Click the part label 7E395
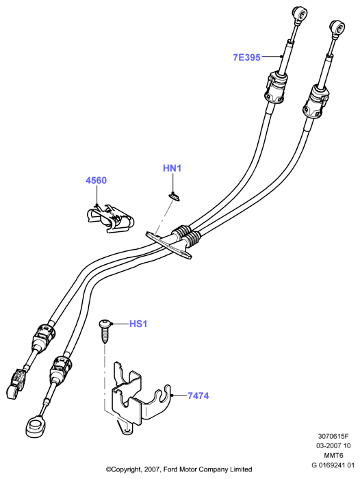(246, 57)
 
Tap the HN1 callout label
(172, 168)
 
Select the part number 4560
(97, 180)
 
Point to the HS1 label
(138, 324)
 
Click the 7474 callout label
(198, 396)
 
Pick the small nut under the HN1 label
(174, 196)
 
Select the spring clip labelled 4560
(110, 218)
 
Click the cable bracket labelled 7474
(140, 397)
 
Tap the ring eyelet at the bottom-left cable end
(36, 425)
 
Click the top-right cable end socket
(337, 28)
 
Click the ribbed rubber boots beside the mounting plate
(186, 235)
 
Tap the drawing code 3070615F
(333, 436)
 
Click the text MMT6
(333, 456)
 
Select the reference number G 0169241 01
(333, 465)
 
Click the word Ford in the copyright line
(171, 469)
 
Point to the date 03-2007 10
(333, 445)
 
